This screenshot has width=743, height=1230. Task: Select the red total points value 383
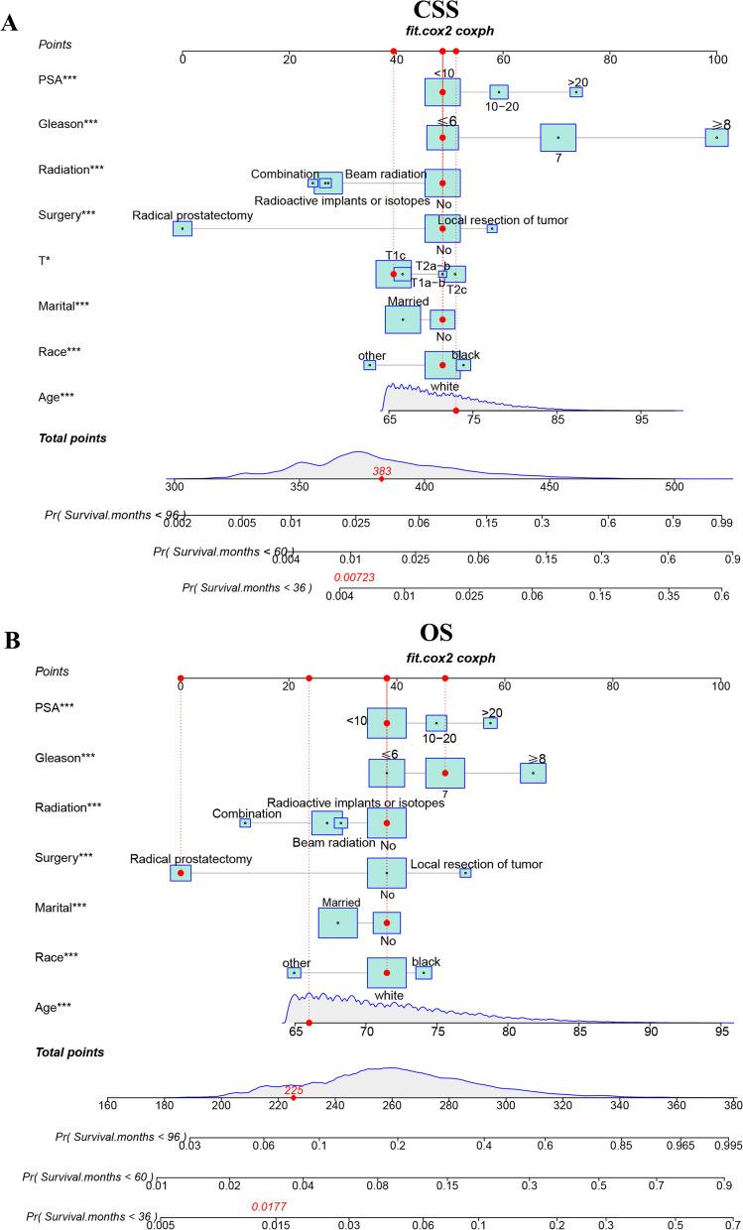tap(382, 472)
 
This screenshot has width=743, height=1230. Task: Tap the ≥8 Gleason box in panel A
tap(717, 137)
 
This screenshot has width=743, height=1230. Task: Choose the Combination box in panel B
tap(245, 822)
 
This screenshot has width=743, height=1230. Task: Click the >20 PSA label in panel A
tap(577, 81)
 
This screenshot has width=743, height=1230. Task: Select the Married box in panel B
tap(338, 922)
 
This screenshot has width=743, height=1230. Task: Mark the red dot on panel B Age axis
tap(310, 1023)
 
